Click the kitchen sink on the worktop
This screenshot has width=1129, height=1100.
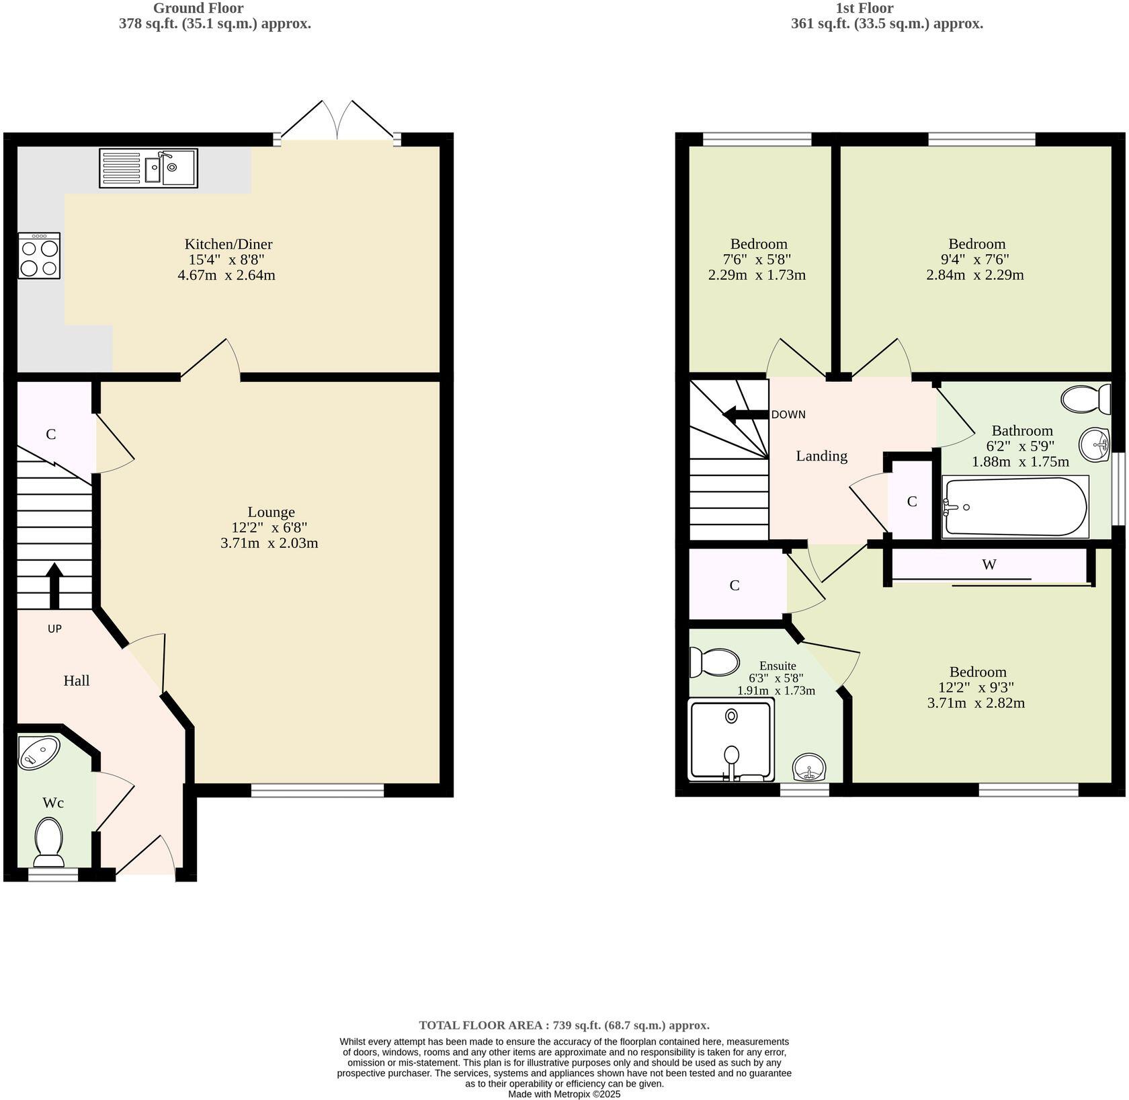click(x=149, y=168)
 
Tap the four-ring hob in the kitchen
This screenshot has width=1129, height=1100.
click(x=39, y=256)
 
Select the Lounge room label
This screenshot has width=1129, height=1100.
click(x=271, y=512)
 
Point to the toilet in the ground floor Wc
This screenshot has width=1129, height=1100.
click(x=48, y=841)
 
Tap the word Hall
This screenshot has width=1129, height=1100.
click(x=77, y=681)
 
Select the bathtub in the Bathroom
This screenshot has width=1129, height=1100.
click(x=1015, y=507)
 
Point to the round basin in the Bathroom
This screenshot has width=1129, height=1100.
click(x=1095, y=444)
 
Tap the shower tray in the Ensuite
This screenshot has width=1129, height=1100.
click(x=731, y=740)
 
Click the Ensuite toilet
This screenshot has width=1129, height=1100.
click(x=714, y=662)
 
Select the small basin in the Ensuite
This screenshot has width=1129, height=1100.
click(x=810, y=767)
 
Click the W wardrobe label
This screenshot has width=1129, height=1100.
click(x=989, y=565)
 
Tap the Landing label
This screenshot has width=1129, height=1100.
click(x=821, y=457)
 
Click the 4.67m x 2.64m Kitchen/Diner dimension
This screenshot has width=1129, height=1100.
click(x=226, y=275)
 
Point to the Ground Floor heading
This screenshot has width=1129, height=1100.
click(x=198, y=8)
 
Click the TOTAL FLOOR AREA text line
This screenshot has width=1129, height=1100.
click(x=564, y=1025)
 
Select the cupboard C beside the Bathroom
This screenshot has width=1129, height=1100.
click(x=911, y=502)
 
